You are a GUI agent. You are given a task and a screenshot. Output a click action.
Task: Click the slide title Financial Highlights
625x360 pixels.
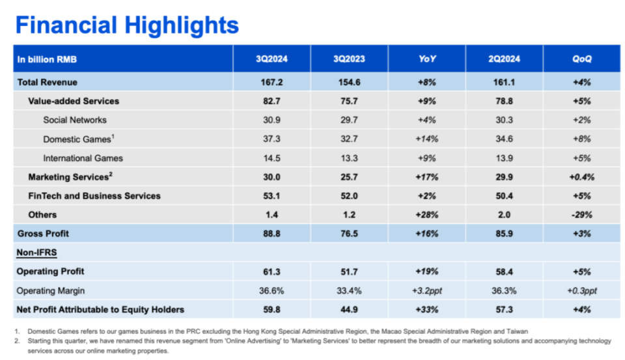127,25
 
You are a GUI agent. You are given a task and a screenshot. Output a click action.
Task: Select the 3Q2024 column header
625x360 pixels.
272,59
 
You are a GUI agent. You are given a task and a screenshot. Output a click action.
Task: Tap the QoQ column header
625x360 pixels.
582,59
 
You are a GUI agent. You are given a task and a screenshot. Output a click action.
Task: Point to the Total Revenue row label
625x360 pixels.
48,82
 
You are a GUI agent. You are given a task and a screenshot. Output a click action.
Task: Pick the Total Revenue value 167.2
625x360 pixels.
272,82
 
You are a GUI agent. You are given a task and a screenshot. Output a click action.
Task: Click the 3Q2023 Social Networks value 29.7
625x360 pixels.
349,120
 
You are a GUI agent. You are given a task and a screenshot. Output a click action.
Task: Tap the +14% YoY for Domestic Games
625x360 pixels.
427,139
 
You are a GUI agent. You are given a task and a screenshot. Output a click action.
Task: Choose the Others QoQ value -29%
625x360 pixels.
582,215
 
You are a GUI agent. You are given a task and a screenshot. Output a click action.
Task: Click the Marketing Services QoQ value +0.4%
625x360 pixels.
582,177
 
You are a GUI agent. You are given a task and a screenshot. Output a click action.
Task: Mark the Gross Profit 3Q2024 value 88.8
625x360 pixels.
272,233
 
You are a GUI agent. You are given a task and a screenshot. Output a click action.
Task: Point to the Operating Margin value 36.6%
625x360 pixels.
272,290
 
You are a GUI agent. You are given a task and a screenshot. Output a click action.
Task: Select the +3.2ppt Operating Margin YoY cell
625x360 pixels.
427,290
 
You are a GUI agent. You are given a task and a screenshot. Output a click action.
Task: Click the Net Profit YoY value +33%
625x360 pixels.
427,309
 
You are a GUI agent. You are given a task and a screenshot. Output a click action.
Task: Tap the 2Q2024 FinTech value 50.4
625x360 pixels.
505,196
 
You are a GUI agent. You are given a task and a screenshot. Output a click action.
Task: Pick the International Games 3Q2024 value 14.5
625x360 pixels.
272,158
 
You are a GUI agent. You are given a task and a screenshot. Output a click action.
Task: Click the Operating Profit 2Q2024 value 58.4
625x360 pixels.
505,271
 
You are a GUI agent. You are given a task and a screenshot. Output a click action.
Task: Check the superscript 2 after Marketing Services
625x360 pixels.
111,174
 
